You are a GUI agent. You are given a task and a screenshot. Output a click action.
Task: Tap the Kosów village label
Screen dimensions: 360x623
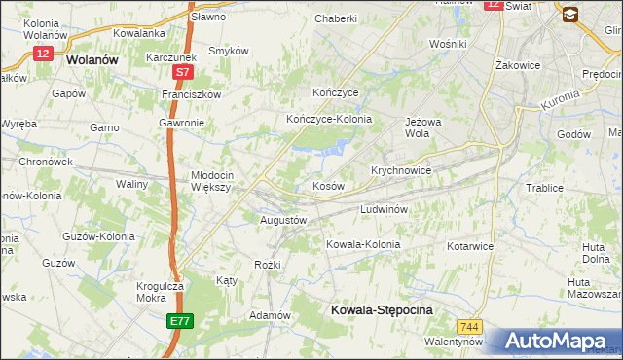coord(327,185)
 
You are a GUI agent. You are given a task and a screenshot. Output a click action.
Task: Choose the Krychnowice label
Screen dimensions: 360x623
coord(401,169)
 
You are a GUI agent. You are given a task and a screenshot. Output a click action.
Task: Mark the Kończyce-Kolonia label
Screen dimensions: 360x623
coord(329,119)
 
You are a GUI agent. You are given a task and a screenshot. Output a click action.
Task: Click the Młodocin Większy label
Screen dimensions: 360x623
coord(209,181)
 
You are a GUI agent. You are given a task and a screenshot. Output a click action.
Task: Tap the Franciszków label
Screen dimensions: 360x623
coord(193,94)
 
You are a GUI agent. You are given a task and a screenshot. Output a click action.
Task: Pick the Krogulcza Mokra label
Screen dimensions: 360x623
coord(161,292)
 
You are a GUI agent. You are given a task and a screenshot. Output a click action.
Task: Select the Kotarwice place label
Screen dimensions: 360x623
coord(471,246)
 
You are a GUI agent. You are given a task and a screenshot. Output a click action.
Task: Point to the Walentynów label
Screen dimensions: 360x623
coord(454,342)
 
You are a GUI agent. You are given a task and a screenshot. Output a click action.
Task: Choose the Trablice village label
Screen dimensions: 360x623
coord(545,188)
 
